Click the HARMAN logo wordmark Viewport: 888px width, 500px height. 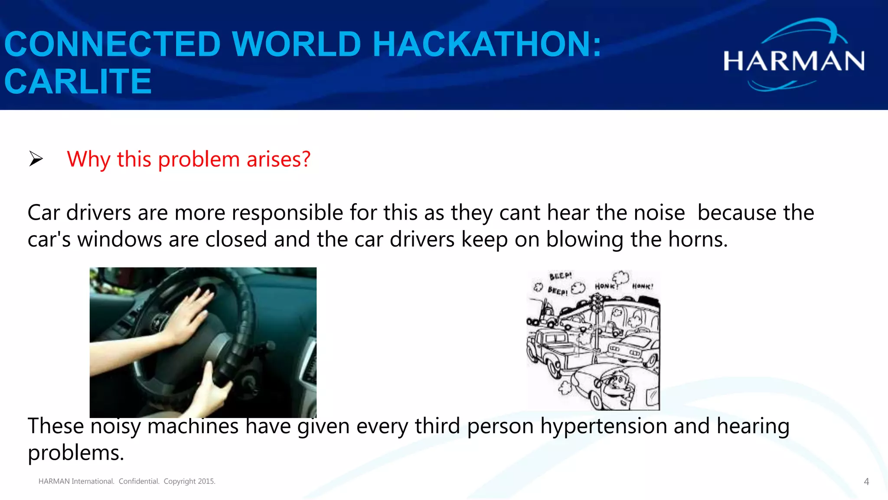tap(793, 61)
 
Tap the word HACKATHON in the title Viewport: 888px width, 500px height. tap(486, 44)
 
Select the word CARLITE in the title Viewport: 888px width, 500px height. tap(78, 82)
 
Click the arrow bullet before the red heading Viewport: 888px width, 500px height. tap(36, 159)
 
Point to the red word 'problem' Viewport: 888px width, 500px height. tap(199, 159)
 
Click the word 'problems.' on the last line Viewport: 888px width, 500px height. tap(76, 453)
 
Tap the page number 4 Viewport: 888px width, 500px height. tap(866, 482)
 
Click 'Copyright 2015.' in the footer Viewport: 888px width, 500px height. tap(189, 481)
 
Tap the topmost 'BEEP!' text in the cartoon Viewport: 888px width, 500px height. tap(560, 276)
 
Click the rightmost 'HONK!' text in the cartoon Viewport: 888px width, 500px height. tap(642, 286)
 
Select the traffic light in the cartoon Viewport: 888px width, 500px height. tap(597, 304)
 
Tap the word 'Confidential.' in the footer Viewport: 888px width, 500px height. tap(139, 481)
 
